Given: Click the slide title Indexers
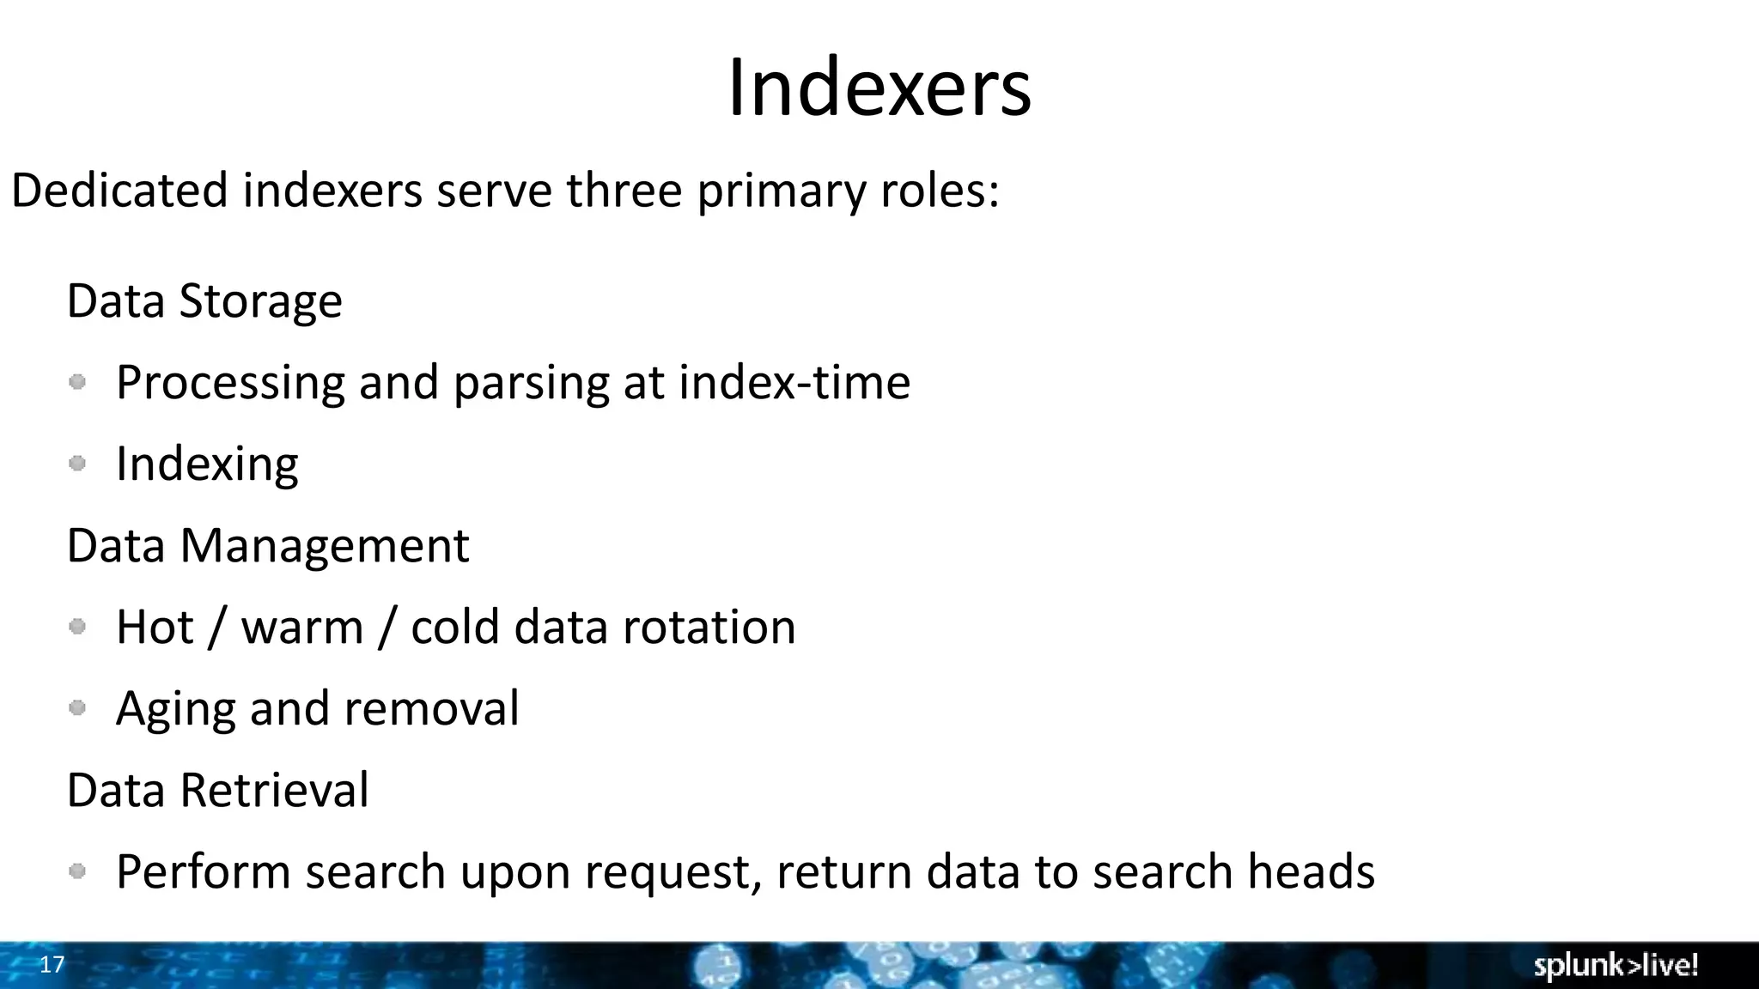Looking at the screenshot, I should [879, 88].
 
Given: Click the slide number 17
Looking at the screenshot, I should [52, 964].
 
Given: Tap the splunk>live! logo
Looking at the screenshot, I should [1616, 965].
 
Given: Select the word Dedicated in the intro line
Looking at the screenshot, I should [119, 190].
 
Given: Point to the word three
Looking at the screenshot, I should [624, 190].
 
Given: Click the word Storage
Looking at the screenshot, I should [260, 301].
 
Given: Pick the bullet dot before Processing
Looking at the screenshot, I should [77, 382].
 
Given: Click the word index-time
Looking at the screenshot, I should [794, 382].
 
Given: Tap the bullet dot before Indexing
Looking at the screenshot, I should [77, 464].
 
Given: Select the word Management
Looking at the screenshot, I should [324, 546].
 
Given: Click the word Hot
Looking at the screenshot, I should [155, 628].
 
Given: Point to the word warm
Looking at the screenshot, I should [302, 628].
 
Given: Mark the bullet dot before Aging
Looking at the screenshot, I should [77, 708].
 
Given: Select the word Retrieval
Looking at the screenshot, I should [274, 791].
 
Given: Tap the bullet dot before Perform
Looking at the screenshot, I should [77, 871].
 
